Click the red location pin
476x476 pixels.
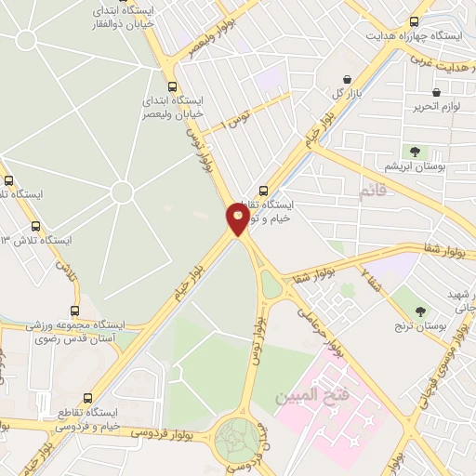[238, 218]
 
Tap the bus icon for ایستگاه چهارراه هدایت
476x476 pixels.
[414, 21]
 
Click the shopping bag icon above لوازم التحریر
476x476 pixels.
[436, 92]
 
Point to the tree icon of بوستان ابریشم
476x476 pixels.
[415, 151]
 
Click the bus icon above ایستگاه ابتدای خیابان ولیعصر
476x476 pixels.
[172, 82]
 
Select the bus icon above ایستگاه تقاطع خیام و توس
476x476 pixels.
[262, 190]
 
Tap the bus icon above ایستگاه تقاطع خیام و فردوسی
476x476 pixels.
[88, 397]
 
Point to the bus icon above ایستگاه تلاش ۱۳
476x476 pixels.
[36, 226]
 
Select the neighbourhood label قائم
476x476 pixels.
[373, 192]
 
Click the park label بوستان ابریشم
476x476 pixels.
[415, 166]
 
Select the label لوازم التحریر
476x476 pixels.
[438, 108]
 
